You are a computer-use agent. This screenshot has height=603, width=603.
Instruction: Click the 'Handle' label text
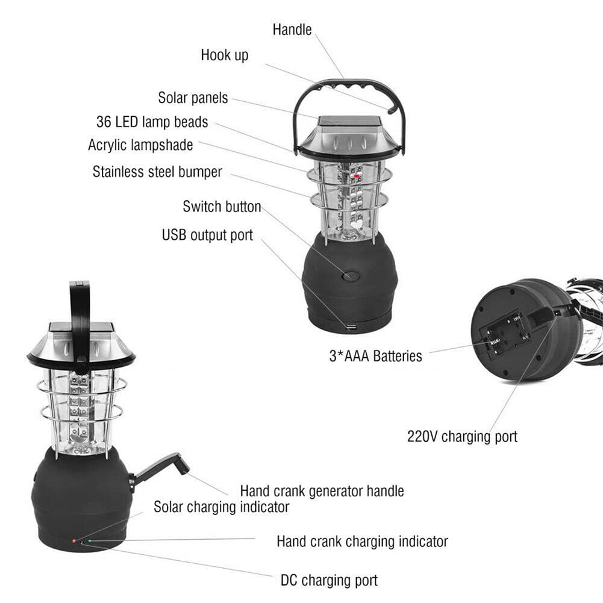pos(292,30)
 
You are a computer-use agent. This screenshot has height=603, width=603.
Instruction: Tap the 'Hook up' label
pos(225,55)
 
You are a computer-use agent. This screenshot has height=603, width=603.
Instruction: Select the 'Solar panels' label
pos(193,98)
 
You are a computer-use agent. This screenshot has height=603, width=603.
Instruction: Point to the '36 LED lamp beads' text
pos(152,122)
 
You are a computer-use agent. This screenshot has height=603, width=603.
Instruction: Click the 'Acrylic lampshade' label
pos(140,145)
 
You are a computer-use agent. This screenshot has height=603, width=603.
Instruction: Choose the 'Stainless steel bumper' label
pos(157,172)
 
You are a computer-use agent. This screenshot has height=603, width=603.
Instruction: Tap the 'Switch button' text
pos(222,207)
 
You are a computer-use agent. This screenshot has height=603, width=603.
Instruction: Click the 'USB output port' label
pos(207,235)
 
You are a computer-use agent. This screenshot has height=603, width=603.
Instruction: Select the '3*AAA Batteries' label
pos(376,356)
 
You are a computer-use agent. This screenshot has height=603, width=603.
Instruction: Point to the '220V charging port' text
pos(462,437)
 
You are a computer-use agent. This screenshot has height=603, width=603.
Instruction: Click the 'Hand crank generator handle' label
pos(322,491)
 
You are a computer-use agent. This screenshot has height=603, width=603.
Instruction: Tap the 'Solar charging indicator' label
pos(222,507)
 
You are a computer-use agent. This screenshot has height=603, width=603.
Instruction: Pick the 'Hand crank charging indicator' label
pos(362,542)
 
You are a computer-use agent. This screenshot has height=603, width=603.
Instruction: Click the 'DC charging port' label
pos(329,580)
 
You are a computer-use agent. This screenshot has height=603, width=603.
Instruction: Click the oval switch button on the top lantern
pos(351,275)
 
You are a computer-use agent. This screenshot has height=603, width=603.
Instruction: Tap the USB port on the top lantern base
pos(351,327)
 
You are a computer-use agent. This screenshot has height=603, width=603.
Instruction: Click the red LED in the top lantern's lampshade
pos(357,176)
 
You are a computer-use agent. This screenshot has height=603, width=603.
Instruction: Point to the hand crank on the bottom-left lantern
pos(159,470)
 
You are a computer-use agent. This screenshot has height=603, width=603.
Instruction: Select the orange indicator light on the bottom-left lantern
pos(74,541)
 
